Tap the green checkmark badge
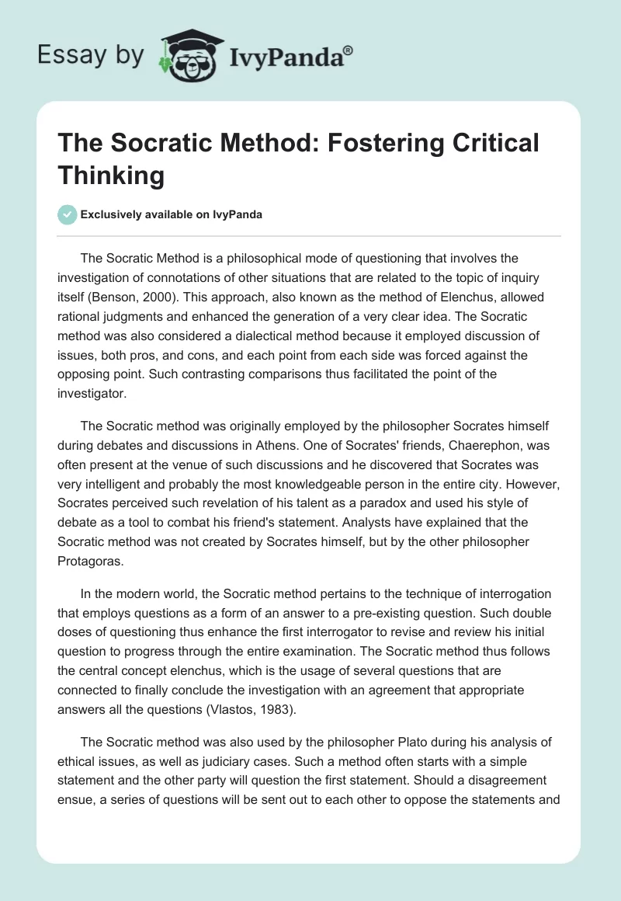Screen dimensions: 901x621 68,214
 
